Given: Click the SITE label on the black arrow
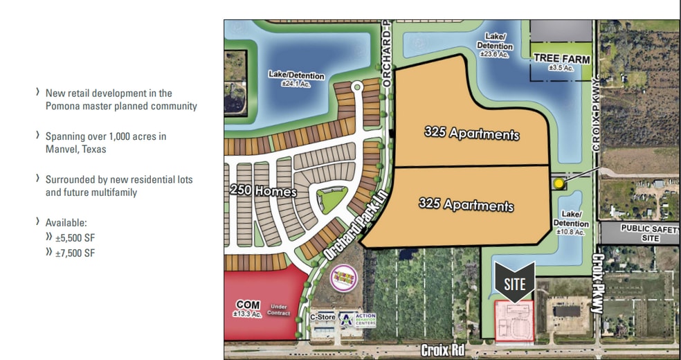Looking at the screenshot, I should (515, 283).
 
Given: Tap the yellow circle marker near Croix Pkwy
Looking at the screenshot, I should (559, 183).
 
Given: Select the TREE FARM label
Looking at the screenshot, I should (561, 60).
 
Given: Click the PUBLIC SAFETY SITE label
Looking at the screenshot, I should (639, 232).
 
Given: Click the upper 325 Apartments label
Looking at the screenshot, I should (471, 133).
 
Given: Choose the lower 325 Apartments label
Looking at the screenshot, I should (466, 205).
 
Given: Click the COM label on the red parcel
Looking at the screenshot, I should (248, 304).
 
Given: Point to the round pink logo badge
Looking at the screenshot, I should (343, 278).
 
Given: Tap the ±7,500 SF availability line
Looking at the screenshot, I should (74, 253).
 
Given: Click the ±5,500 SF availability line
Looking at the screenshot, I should (74, 237).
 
